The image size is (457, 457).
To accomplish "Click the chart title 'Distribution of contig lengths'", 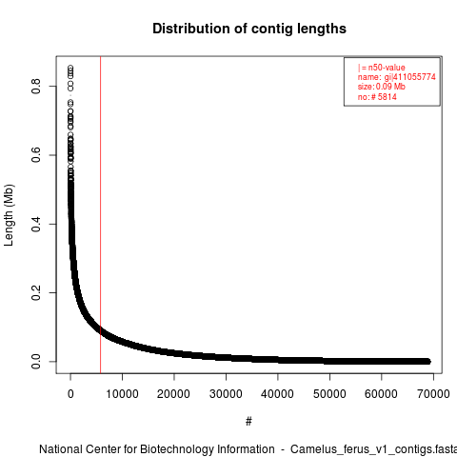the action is click(x=249, y=29).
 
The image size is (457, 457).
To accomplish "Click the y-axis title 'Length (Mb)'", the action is click(x=10, y=215).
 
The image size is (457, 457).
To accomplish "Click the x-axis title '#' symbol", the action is click(x=248, y=422).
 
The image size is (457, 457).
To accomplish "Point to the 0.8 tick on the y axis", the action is click(x=36, y=86).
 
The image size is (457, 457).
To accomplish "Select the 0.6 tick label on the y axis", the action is click(x=36, y=155).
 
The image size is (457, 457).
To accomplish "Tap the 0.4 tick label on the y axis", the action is click(x=36, y=224).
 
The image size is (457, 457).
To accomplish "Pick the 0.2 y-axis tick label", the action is click(x=36, y=292).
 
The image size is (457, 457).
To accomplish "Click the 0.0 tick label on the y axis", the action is click(x=36, y=362).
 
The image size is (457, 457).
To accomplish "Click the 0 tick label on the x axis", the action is click(x=70, y=394).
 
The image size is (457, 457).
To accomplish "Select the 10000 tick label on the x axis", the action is click(x=122, y=394).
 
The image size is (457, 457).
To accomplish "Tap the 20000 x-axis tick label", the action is click(x=174, y=394).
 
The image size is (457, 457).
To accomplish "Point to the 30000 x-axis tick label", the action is click(x=226, y=394).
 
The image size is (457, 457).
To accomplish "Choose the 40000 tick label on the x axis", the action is click(x=278, y=394).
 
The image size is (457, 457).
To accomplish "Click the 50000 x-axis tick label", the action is click(x=329, y=394).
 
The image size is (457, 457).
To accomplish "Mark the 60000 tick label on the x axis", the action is click(x=381, y=394).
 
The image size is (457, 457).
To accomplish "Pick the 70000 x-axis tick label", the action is click(x=433, y=394).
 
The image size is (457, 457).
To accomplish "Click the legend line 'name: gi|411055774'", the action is click(x=397, y=77).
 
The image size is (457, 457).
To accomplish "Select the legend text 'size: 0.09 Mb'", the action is click(x=382, y=87).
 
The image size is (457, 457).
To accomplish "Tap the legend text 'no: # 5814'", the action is click(x=377, y=96).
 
